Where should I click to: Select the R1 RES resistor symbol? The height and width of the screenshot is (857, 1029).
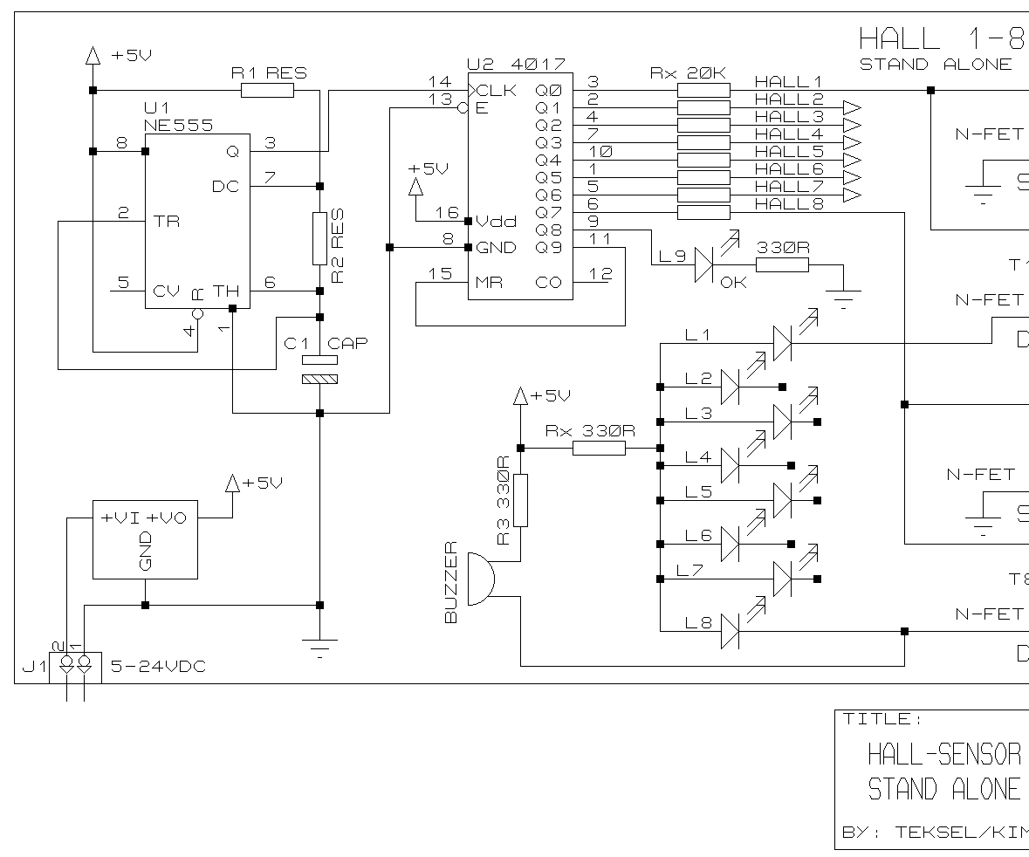[267, 90]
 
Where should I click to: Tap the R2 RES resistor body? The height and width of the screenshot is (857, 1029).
[319, 237]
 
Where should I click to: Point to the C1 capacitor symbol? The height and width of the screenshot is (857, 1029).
[319, 369]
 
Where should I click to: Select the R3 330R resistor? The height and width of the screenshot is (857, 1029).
[520, 500]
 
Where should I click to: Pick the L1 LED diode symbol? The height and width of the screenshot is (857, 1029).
[782, 343]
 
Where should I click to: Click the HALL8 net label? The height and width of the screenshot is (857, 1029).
[788, 203]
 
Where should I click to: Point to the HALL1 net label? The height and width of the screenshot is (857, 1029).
[788, 81]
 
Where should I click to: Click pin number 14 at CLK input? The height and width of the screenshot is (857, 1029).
[440, 82]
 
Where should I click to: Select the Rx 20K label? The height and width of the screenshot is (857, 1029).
[688, 72]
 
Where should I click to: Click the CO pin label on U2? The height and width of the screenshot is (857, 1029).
[548, 283]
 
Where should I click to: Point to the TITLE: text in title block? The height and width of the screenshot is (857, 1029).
[877, 719]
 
